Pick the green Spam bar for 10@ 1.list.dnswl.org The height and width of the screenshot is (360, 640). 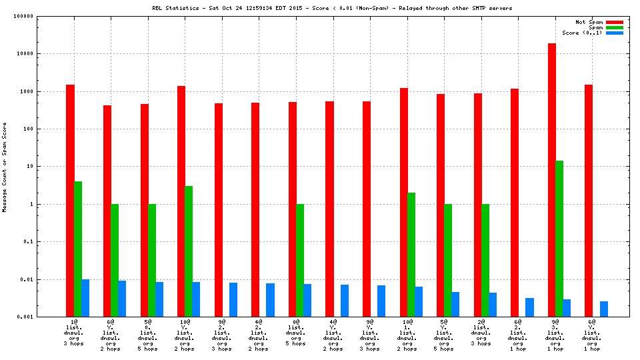pyautogui.click(x=411, y=254)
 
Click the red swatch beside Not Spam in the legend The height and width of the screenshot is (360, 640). pyautogui.click(x=614, y=22)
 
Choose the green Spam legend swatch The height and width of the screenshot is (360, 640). pyautogui.click(x=614, y=27)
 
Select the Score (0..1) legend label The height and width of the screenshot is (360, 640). pyautogui.click(x=582, y=33)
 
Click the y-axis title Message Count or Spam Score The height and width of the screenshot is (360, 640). pyautogui.click(x=5, y=167)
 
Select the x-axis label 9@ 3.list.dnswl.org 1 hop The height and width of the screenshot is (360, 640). pyautogui.click(x=555, y=335)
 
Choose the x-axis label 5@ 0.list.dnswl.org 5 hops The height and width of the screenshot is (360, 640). pyautogui.click(x=148, y=335)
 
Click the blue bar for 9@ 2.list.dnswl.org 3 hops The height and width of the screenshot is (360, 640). pyautogui.click(x=233, y=299)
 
